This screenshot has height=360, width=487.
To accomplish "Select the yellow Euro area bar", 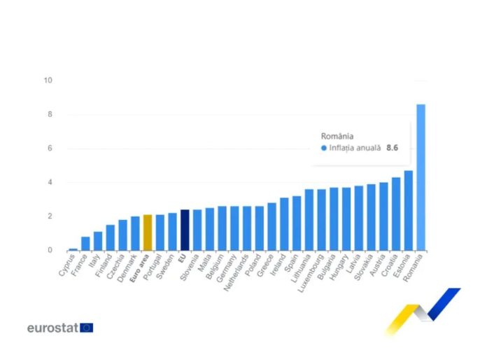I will pos(147,233).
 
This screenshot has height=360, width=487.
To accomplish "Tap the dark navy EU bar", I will pos(185,230).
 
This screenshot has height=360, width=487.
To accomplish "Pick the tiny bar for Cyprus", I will pos(73,249).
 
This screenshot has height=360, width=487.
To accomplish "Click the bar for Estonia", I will pos(408,210).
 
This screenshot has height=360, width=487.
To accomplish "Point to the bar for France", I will pos(85,243).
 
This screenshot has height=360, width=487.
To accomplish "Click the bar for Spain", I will pos(297,223).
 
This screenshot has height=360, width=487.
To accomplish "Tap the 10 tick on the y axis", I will pos(48,81).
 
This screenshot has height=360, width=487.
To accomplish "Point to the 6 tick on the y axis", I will pos(50,148).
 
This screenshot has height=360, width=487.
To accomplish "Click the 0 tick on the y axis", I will pos(50,250).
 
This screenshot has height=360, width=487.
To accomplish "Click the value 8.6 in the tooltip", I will pos(393,148).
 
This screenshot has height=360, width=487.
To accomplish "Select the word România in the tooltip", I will pos(337,136).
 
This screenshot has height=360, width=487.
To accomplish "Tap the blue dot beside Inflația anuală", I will pos(323,148).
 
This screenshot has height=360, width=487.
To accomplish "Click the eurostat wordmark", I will pos(52,327).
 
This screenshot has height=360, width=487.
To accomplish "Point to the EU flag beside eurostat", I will pos(86,327).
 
